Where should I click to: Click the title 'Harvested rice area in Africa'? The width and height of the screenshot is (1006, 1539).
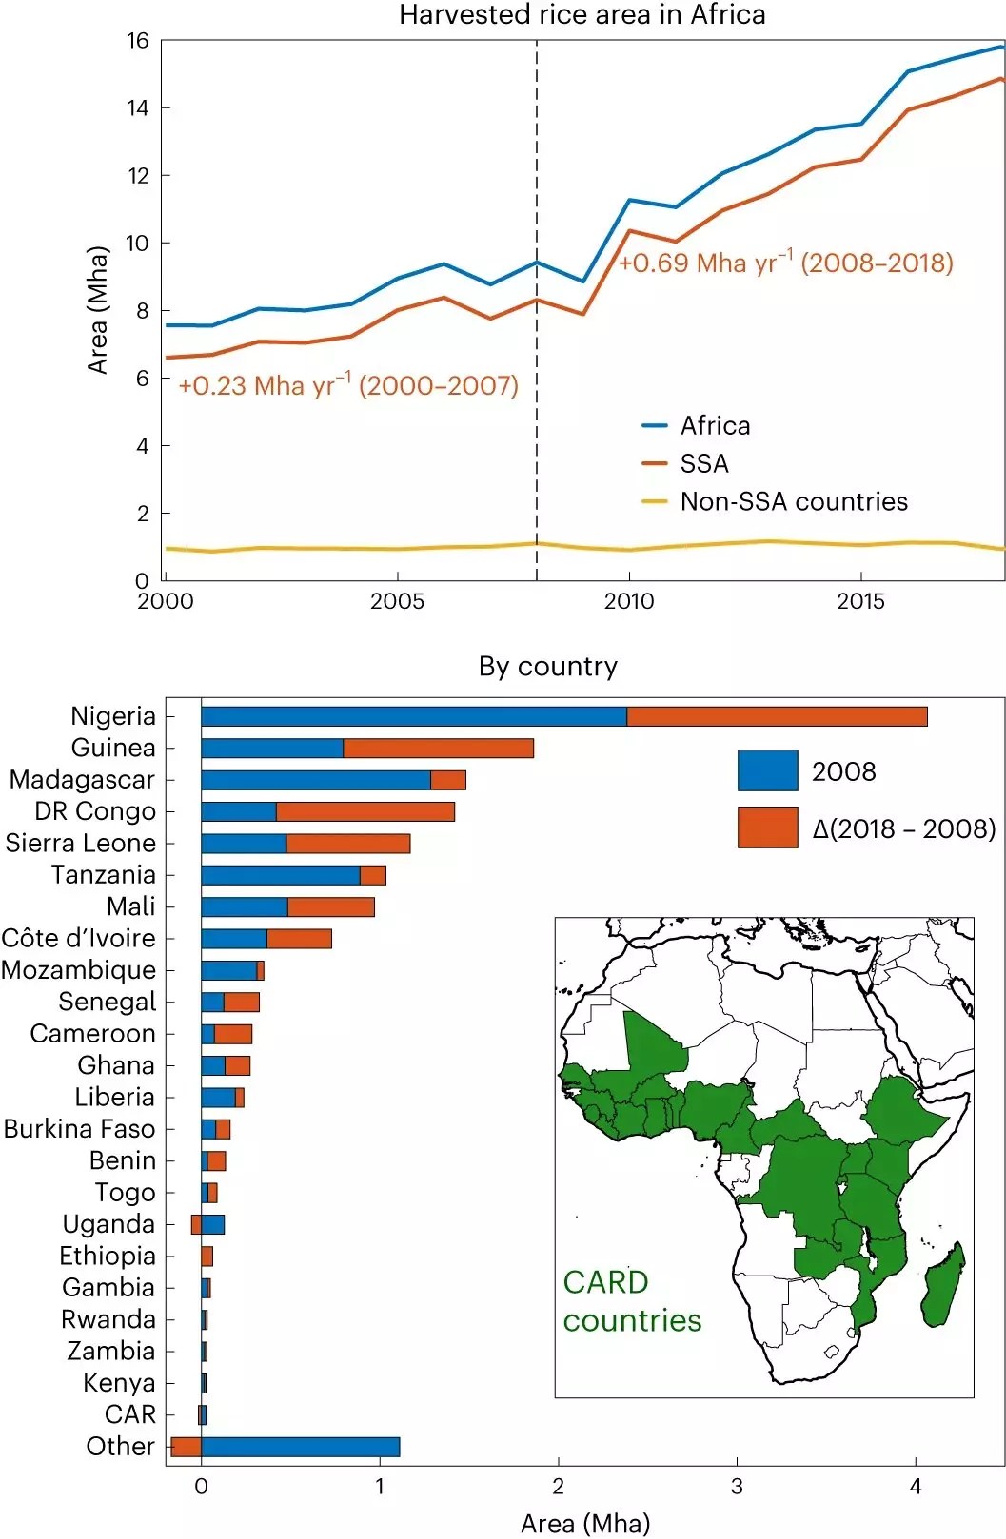click(582, 15)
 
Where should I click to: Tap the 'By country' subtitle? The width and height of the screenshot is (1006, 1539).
click(547, 666)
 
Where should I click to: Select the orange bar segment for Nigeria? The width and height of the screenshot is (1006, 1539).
click(777, 716)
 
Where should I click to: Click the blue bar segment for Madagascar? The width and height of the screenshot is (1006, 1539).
click(315, 780)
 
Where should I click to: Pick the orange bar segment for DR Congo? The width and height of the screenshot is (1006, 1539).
click(365, 811)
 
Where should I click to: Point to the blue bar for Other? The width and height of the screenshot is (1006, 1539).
click(300, 1447)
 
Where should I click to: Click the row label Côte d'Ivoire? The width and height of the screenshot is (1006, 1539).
click(78, 939)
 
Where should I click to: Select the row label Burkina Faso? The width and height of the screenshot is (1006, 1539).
click(79, 1129)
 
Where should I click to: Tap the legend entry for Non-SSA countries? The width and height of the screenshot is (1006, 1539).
click(793, 501)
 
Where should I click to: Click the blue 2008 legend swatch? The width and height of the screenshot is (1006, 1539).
click(767, 770)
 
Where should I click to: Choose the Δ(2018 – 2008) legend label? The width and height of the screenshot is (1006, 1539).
click(903, 828)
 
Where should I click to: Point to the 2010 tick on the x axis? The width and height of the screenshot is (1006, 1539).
click(629, 601)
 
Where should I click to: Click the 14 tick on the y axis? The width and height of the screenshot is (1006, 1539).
click(139, 108)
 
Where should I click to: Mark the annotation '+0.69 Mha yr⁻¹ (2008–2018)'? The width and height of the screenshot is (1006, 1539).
click(785, 263)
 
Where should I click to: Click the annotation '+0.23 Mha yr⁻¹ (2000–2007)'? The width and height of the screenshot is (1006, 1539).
click(348, 385)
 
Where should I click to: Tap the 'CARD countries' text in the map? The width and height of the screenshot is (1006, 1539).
click(632, 1301)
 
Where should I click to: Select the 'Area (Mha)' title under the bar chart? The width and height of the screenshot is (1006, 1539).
click(584, 1523)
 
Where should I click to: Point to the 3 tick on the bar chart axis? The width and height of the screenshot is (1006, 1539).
click(737, 1487)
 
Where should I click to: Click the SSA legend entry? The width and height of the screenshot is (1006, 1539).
click(703, 463)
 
